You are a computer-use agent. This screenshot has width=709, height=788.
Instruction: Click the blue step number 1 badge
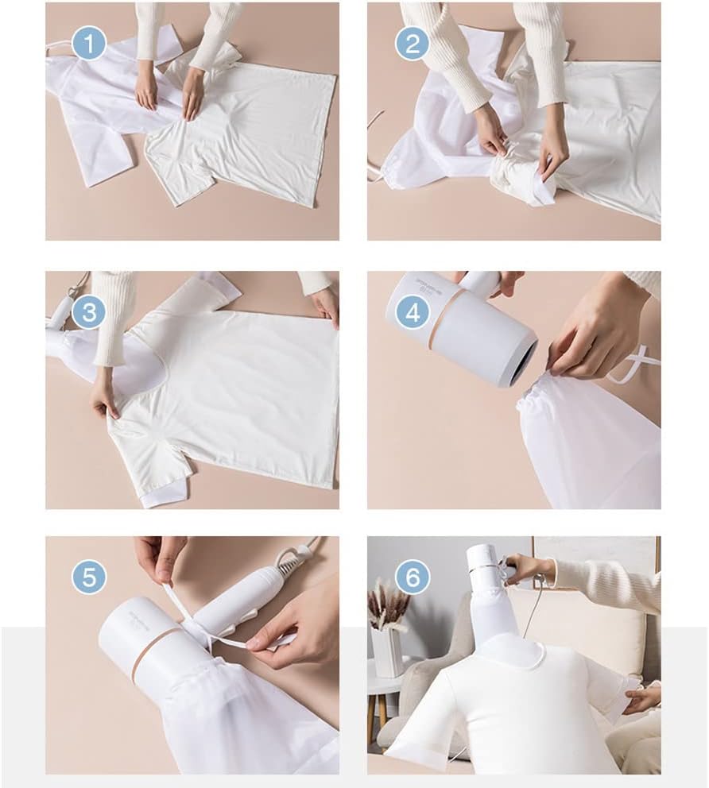pyautogui.click(x=89, y=44)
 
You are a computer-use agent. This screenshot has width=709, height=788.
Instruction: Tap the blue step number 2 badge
pyautogui.click(x=412, y=44)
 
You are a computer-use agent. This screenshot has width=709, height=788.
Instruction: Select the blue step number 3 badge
pyautogui.click(x=89, y=313)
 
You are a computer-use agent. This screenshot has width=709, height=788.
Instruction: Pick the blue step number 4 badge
pyautogui.click(x=412, y=313)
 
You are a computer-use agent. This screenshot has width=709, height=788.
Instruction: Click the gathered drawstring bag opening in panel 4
pyautogui.click(x=540, y=389)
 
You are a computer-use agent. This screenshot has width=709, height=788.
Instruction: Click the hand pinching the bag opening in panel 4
pyautogui.click(x=588, y=334)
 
